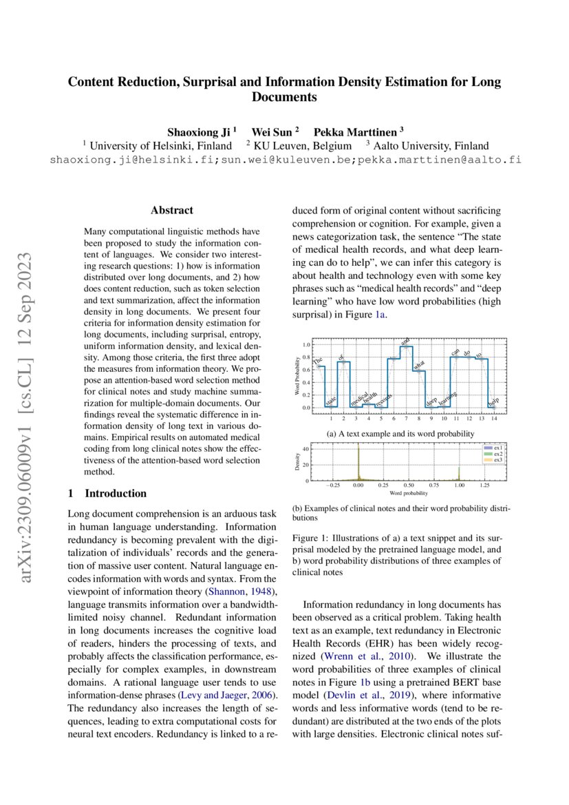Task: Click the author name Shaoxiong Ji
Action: (200, 131)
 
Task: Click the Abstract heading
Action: (171, 210)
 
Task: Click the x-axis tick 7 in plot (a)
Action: (406, 418)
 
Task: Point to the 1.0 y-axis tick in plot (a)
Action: (307, 344)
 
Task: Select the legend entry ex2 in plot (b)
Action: (497, 453)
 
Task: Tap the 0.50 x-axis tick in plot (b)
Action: (409, 485)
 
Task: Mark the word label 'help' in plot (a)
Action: (493, 401)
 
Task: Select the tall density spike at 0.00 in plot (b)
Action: (358, 461)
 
